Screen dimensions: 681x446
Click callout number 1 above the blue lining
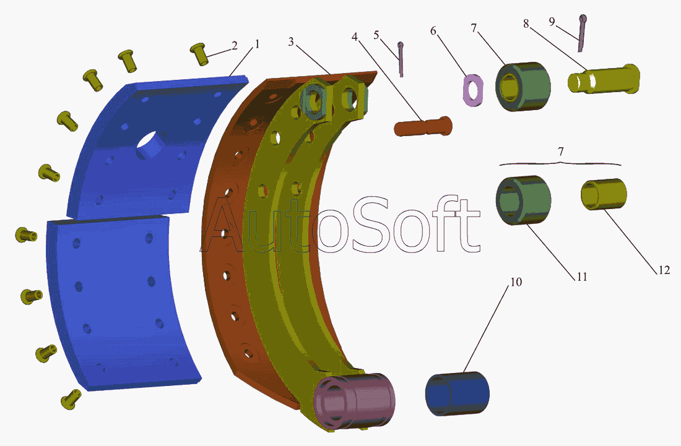pos(257,44)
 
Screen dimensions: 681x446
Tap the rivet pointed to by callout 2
pos(199,54)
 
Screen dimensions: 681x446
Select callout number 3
pos(291,41)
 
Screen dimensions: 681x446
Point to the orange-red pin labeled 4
pos(423,126)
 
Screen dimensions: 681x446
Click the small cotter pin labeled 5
pos(401,59)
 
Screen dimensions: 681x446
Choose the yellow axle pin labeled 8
pos(604,79)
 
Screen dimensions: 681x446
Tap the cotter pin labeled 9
pos(581,33)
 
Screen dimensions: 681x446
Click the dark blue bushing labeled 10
pos(458,393)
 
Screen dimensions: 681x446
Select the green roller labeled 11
pos(523,200)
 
